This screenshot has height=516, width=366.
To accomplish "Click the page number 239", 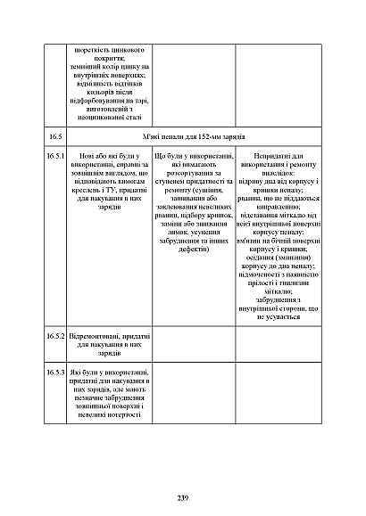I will click(x=183, y=496).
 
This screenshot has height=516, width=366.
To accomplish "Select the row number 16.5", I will click(x=55, y=136).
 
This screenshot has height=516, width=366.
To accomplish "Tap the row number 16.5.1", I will click(x=55, y=157).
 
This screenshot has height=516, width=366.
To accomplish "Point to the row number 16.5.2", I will click(x=55, y=335).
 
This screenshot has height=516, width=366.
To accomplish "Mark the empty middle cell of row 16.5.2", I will click(x=193, y=343).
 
